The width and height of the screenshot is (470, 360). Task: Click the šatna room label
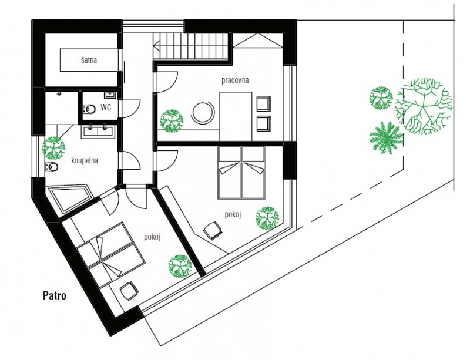click(89, 60)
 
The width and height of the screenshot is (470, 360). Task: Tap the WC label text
click(106, 107)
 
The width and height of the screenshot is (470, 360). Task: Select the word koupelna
click(85, 161)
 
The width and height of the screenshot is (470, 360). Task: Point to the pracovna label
click(235, 80)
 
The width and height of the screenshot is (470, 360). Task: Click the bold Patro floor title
click(54, 295)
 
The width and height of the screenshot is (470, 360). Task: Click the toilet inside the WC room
click(89, 109)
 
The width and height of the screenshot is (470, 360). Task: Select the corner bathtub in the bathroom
click(70, 199)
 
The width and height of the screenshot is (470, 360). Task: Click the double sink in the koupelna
click(98, 132)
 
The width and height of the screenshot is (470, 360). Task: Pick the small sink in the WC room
click(110, 95)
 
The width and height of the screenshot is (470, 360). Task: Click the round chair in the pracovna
click(203, 112)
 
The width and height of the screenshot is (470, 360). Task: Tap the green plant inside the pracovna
click(171, 120)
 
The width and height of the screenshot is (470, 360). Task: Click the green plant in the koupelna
click(53, 148)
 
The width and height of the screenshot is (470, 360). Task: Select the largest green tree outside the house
click(424, 106)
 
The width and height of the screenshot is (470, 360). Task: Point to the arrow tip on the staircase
click(153, 46)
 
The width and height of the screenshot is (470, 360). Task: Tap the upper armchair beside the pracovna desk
click(263, 103)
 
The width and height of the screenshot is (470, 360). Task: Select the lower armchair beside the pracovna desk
click(263, 123)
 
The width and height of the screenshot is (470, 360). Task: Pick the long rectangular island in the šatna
click(89, 60)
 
